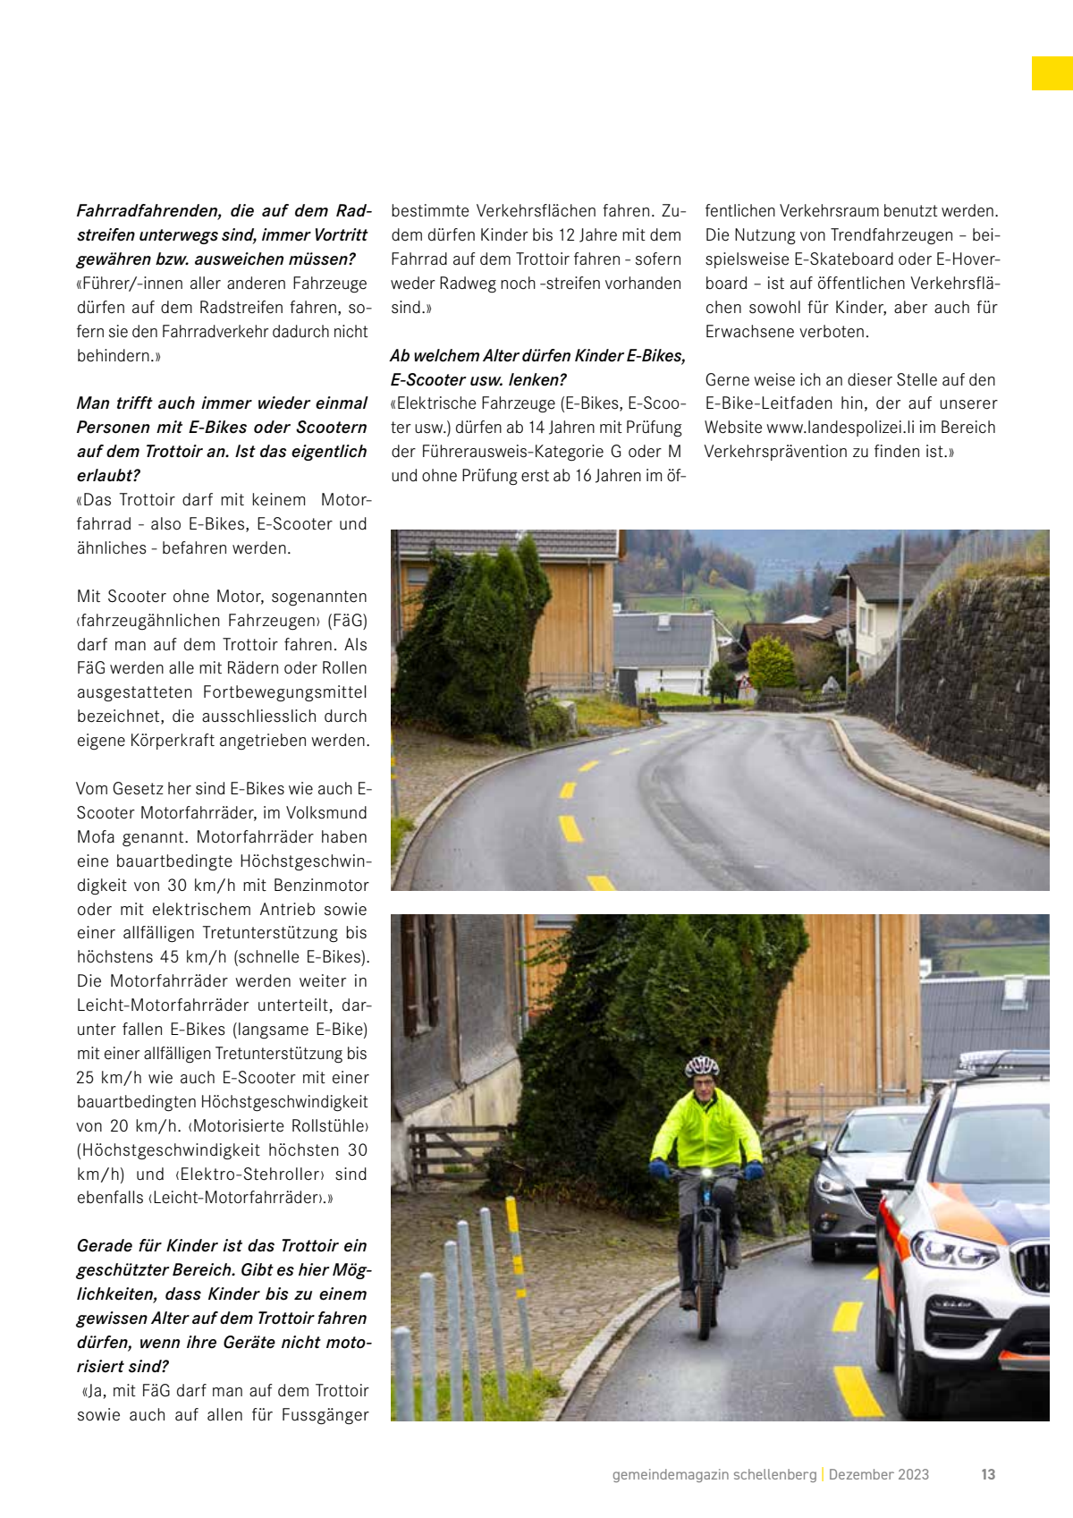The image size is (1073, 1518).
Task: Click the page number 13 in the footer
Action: [x=988, y=1474]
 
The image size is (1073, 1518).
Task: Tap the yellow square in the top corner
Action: [x=1052, y=73]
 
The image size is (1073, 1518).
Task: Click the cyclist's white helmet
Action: [x=702, y=1066]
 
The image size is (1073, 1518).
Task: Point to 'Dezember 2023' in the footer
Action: [x=878, y=1474]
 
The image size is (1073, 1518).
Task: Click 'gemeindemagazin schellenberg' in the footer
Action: [x=714, y=1474]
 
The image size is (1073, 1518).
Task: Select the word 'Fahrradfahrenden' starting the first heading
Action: [x=148, y=211]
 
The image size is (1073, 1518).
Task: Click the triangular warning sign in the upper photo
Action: [x=741, y=683]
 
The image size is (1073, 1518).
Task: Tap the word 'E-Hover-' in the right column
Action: [x=966, y=259]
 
